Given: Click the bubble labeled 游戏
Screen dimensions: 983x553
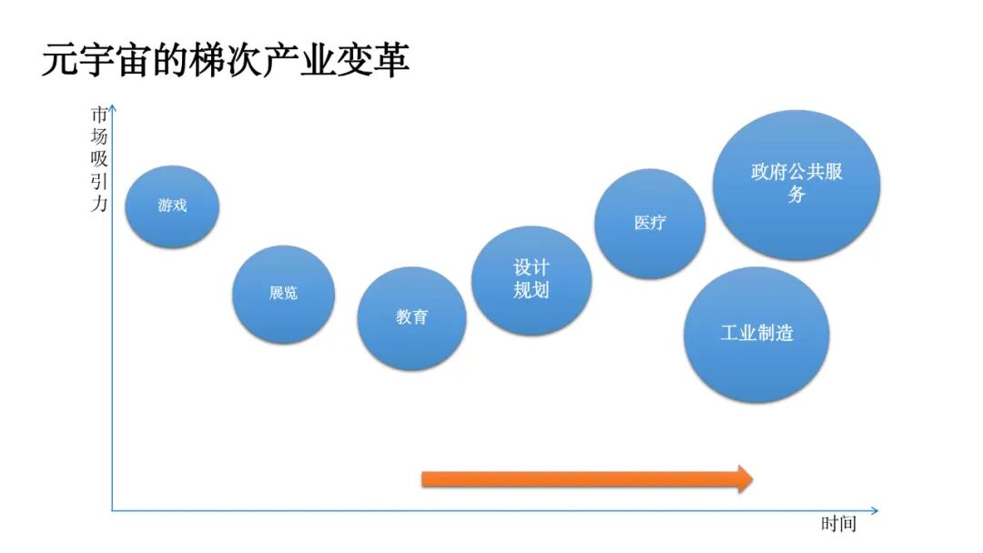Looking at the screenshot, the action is [172, 206].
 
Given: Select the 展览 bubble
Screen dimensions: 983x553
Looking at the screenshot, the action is [283, 293].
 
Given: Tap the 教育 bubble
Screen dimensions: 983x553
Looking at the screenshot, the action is [411, 317].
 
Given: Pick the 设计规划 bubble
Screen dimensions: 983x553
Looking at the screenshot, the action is [532, 279].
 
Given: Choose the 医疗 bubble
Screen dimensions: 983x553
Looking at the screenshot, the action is [650, 223].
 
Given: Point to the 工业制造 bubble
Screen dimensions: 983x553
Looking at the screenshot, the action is [756, 334].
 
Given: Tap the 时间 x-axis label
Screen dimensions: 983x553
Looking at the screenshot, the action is [837, 525].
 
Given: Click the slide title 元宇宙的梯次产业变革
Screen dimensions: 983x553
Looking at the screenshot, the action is [225, 60].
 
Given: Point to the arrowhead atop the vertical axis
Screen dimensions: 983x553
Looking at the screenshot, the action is [112, 109].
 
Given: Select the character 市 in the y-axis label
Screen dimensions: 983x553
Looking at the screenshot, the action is [98, 115].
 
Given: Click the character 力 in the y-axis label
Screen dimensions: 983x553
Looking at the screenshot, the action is [98, 203].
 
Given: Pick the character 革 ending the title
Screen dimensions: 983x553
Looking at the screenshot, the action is [391, 60].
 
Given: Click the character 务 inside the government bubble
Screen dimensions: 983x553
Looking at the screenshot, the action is [796, 195].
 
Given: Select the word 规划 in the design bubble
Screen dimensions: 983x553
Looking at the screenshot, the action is [532, 291].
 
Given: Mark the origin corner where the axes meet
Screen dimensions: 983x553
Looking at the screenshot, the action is [113, 510].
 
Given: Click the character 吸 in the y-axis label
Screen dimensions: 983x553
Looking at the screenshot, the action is [98, 158].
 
